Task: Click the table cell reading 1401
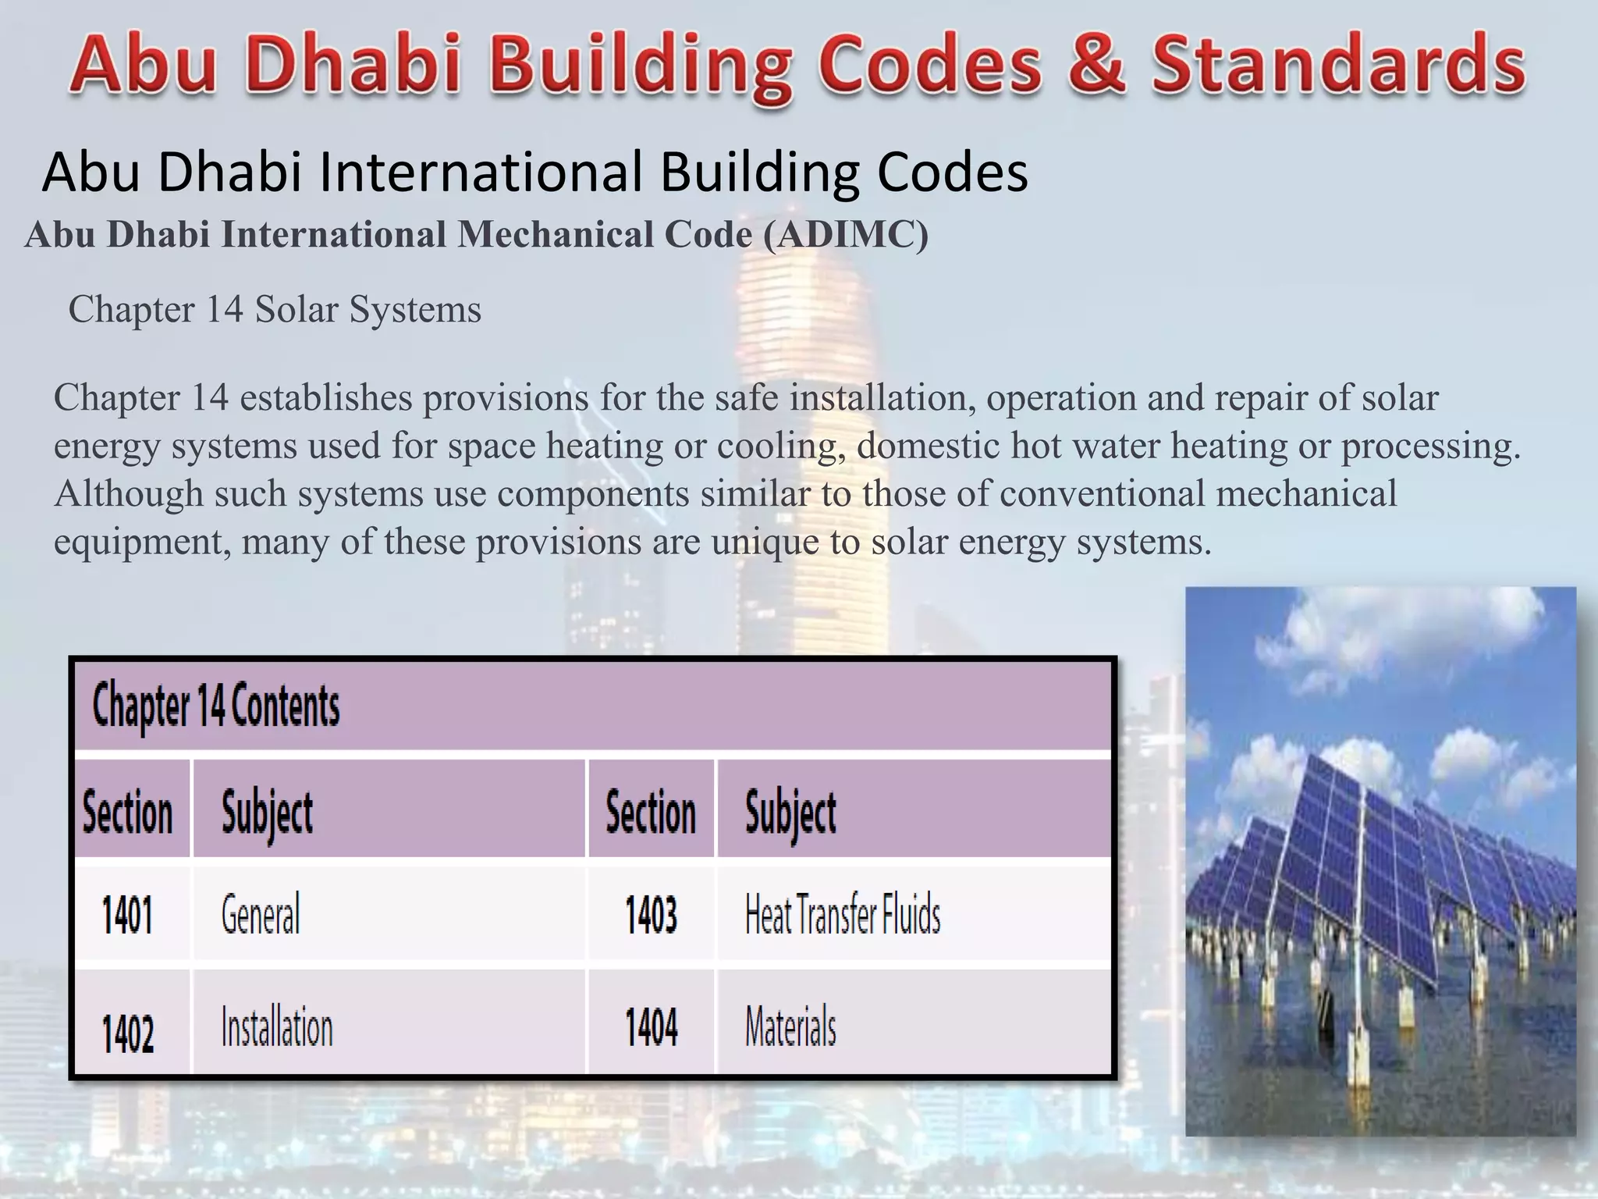point(127,915)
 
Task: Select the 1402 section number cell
point(128,1032)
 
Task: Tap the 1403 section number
point(651,915)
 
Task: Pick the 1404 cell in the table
point(652,1027)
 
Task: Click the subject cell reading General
point(261,915)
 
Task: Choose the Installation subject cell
point(277,1027)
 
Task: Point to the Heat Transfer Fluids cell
point(843,915)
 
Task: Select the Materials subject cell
point(790,1027)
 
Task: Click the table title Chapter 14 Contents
point(216,706)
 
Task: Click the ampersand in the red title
point(1097,64)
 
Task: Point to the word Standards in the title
point(1339,64)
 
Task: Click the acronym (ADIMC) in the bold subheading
point(846,235)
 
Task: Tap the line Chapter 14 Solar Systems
point(275,309)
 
